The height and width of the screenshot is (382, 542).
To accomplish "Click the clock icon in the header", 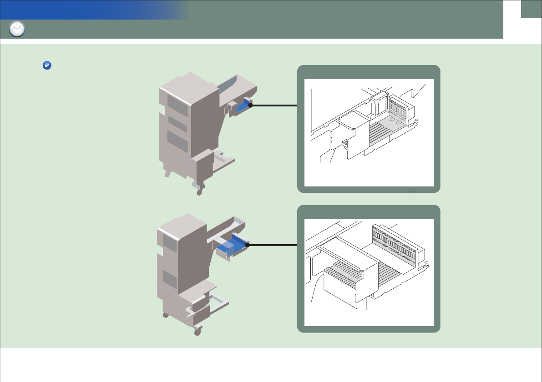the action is (17, 29).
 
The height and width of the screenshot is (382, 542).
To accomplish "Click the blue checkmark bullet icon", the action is (46, 66).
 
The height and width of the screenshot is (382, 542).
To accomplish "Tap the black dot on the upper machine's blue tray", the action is (250, 105).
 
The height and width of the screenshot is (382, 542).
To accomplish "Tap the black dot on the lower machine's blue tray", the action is (247, 245).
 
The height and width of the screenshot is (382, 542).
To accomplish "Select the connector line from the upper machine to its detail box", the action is (274, 105).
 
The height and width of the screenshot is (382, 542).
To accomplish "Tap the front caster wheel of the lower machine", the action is (197, 332).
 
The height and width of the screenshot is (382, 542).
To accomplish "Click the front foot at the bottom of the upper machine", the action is (199, 192).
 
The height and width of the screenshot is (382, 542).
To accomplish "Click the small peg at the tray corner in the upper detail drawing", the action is (416, 121).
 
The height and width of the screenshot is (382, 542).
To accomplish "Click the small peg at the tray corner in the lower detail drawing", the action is (426, 263).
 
